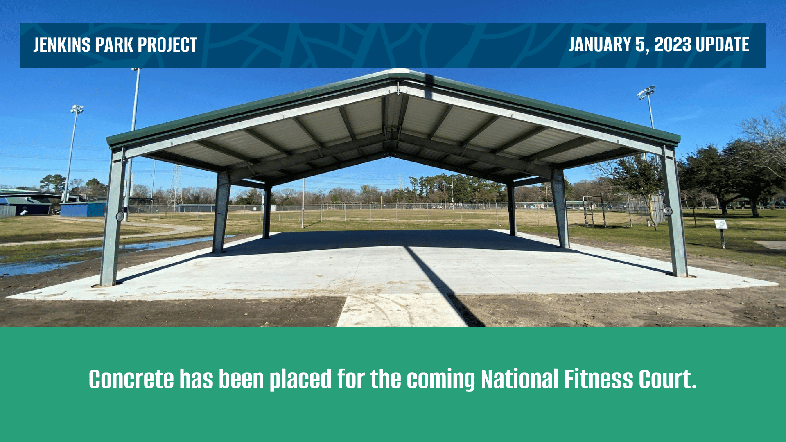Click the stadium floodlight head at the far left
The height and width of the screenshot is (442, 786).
tap(77, 109)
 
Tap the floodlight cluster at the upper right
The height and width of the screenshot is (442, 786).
tap(646, 92)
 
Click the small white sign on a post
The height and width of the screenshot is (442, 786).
tap(720, 224)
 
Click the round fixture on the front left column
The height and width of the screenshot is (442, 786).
tap(120, 216)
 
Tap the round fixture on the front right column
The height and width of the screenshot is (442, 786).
tap(668, 211)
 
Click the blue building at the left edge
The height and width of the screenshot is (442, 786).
tap(83, 209)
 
